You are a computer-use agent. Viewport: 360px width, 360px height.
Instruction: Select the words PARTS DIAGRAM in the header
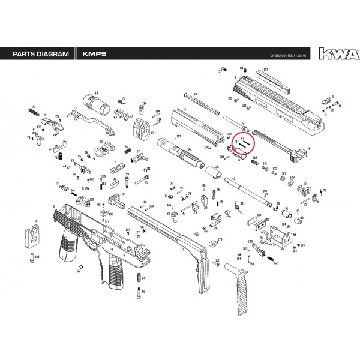[37, 55]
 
